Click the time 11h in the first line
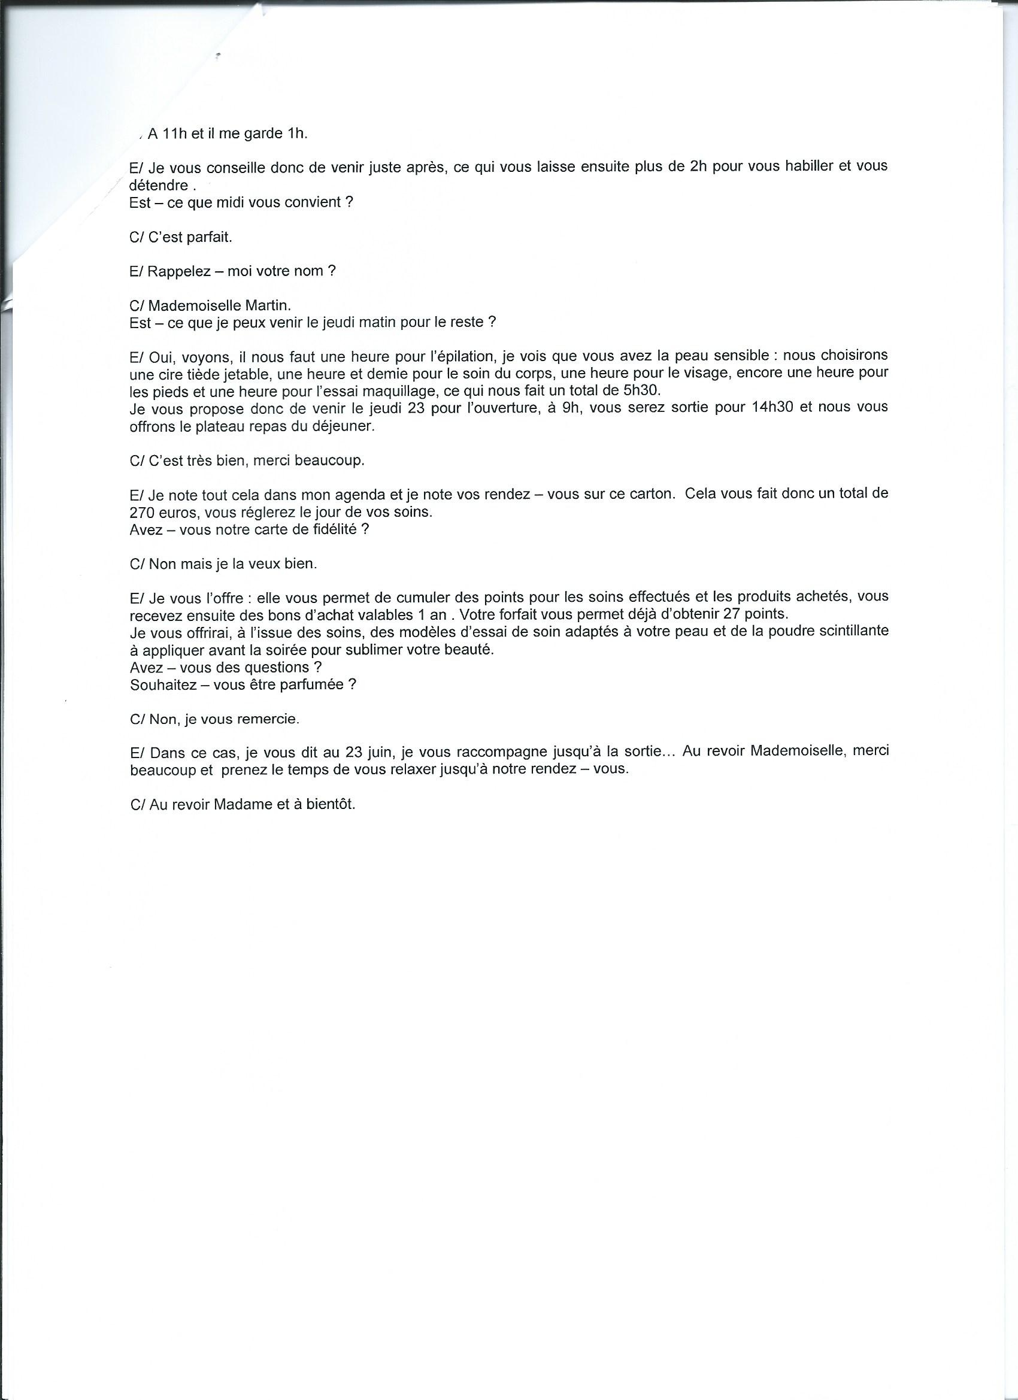point(175,135)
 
